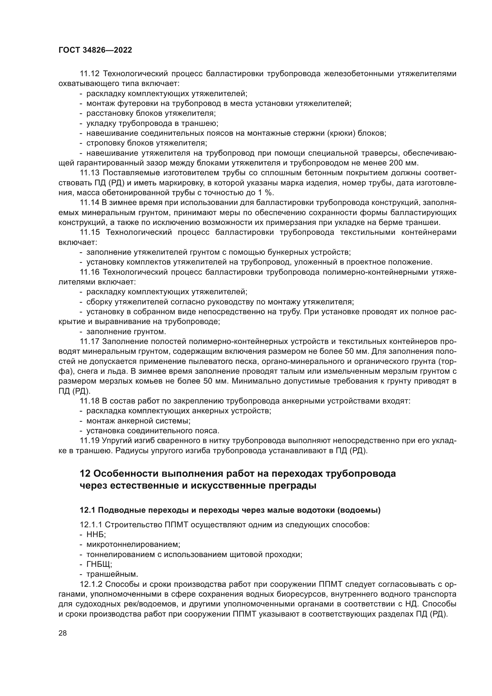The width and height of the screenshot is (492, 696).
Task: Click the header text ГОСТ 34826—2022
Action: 95,50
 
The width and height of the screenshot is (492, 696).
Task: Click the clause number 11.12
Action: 89,74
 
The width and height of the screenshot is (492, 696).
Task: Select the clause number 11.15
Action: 89,232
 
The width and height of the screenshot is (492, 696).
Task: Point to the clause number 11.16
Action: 89,272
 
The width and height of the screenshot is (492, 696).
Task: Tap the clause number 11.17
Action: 89,342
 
